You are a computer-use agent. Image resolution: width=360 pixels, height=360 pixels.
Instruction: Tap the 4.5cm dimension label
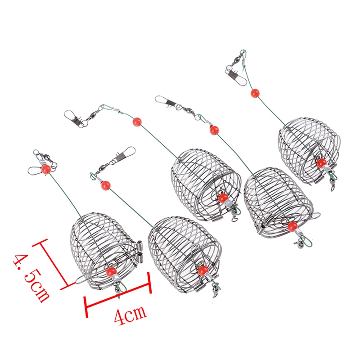coord(31,276)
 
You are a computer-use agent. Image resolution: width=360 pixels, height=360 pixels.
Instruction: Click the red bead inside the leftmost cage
coord(110,272)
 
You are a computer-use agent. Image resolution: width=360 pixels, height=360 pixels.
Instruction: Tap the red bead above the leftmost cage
coord(45,169)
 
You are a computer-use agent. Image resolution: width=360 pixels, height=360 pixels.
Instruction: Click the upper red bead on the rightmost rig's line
coord(255,94)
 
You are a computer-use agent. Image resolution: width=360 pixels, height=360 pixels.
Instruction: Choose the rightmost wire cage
coord(308,144)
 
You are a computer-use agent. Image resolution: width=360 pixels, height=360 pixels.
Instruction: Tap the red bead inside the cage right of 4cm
coord(203,270)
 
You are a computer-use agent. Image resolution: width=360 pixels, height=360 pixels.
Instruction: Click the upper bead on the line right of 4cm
coord(106,184)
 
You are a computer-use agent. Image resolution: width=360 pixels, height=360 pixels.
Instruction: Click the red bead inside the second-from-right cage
coord(292,225)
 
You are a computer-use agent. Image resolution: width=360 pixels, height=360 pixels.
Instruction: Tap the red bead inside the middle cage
coord(222,198)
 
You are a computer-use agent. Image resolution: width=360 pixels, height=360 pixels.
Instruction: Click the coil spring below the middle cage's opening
coord(217,217)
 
